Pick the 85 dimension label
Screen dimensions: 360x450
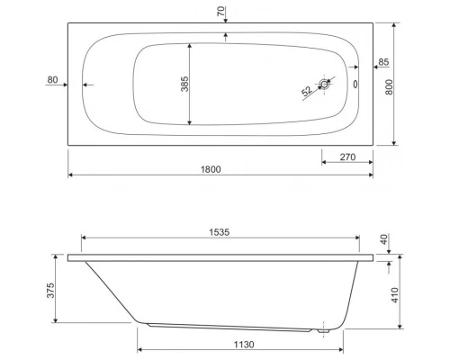[x=383, y=62]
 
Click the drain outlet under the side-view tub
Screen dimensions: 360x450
[x=322, y=329]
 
